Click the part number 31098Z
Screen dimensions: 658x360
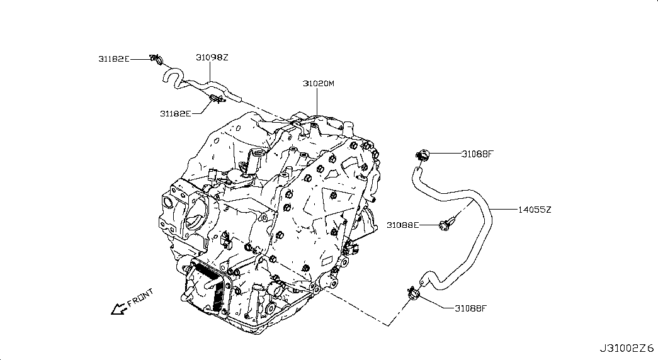click(212, 57)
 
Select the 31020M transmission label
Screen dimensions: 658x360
click(319, 84)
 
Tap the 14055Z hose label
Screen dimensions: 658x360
click(534, 210)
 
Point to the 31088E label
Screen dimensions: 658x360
click(402, 225)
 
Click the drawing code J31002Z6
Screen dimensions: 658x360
click(627, 348)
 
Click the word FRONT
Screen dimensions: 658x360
click(140, 298)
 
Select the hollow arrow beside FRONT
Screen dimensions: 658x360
click(119, 309)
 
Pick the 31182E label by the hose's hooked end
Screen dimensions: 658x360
click(114, 59)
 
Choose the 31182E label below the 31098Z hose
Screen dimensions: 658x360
click(176, 113)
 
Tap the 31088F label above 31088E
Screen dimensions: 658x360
click(477, 154)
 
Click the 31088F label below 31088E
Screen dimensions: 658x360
click(470, 308)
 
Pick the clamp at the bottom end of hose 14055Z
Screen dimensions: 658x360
click(414, 293)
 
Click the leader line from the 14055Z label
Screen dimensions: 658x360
click(504, 209)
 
